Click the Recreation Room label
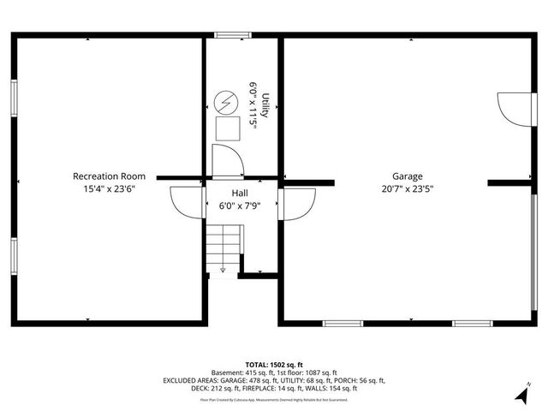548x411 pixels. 110,176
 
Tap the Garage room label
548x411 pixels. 408,176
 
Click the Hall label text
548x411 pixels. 240,194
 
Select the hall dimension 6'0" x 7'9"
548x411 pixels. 240,205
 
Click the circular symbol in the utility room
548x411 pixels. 228,102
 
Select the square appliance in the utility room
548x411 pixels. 228,128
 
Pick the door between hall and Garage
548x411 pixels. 296,204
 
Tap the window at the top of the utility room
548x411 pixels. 230,35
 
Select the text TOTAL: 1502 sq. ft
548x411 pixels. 274,365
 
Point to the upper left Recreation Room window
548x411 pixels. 14,98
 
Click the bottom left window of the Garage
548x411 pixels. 342,324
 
